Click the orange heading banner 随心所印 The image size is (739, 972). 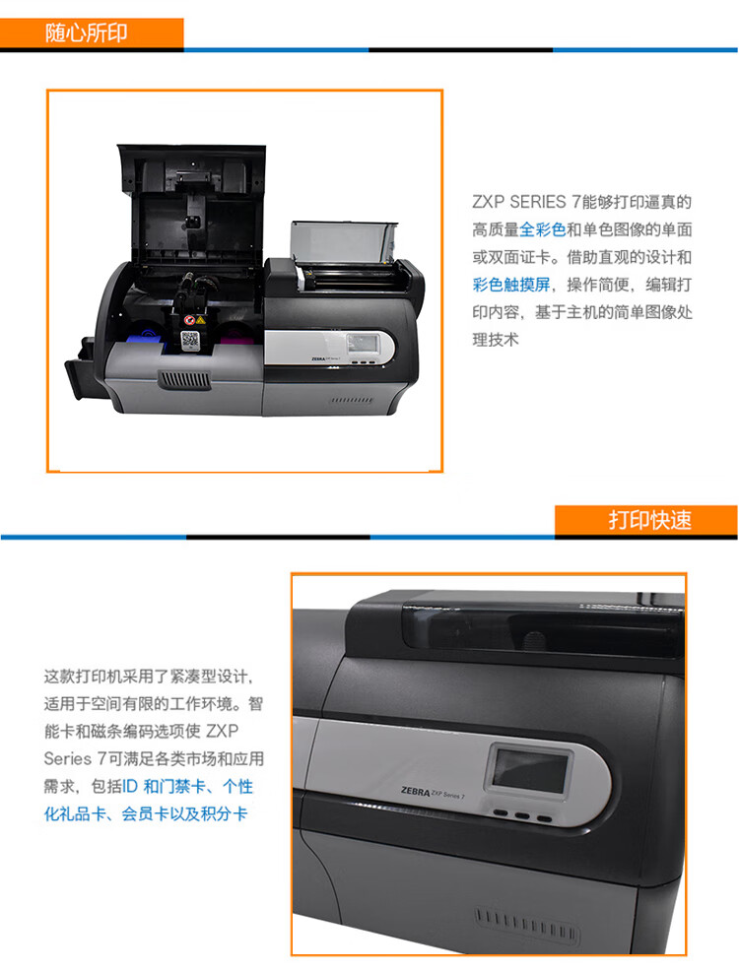click(x=92, y=32)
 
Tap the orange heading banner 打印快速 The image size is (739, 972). click(x=646, y=519)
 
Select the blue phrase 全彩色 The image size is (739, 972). click(x=542, y=230)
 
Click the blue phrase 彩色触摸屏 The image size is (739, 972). click(x=511, y=285)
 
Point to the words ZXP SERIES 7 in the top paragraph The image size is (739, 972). click(x=526, y=202)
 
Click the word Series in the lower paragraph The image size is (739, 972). click(x=68, y=758)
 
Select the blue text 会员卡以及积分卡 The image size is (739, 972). click(x=184, y=813)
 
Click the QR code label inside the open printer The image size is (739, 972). click(x=189, y=340)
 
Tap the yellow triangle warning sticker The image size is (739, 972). click(x=200, y=320)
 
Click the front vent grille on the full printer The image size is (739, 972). click(x=184, y=379)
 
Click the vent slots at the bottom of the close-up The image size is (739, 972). click(x=526, y=924)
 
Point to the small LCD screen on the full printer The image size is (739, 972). click(x=359, y=344)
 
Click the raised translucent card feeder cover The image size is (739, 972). click(x=343, y=242)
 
